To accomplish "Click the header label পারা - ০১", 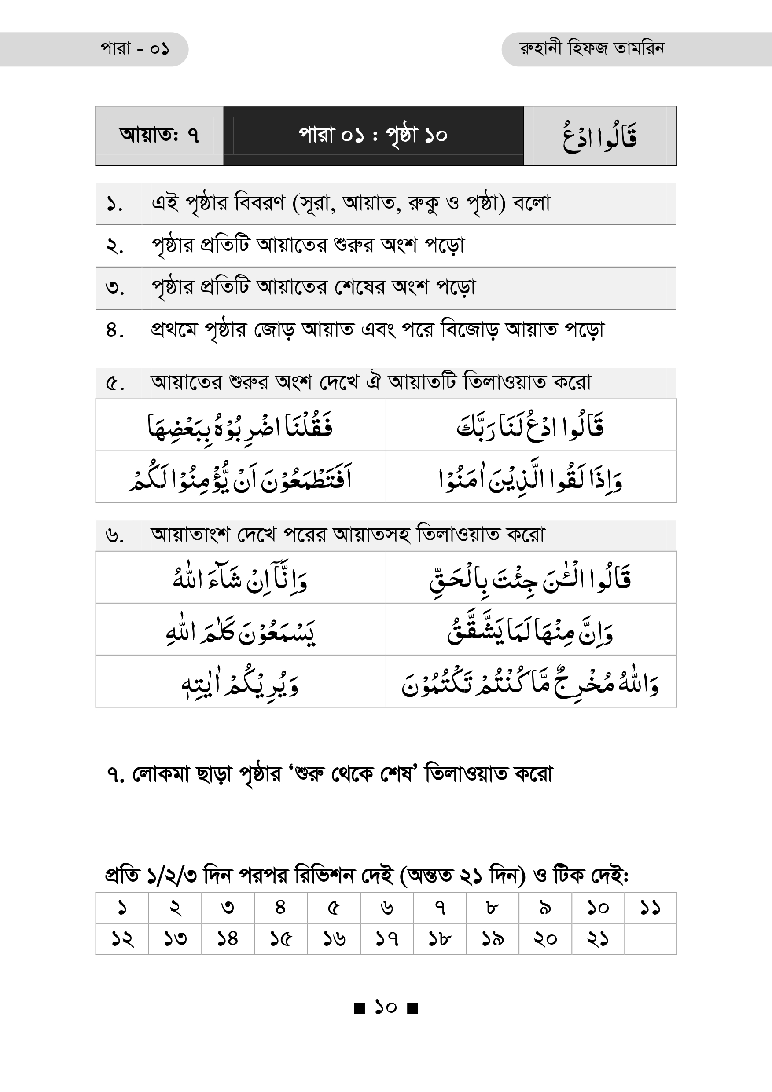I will pos(135,49).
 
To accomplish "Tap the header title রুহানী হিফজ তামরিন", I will pos(592,48).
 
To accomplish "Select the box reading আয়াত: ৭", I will pos(159,136).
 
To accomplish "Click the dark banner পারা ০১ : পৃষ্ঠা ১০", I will pos(373,136).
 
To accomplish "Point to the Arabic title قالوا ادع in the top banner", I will pos(600,136).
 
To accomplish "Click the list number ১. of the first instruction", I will pos(114,204).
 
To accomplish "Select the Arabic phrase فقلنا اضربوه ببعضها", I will pos(240,426).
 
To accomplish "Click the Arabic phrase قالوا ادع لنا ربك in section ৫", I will pos(530,426).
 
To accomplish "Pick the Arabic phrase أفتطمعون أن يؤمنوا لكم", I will pos(240,477).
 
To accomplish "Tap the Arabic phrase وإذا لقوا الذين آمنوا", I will pos(530,477).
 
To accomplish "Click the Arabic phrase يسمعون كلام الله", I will pos(240,630).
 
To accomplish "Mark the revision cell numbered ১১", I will pos(650,908).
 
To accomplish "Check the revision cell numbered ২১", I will pos(597,939).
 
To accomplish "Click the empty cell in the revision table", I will pos(650,939).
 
